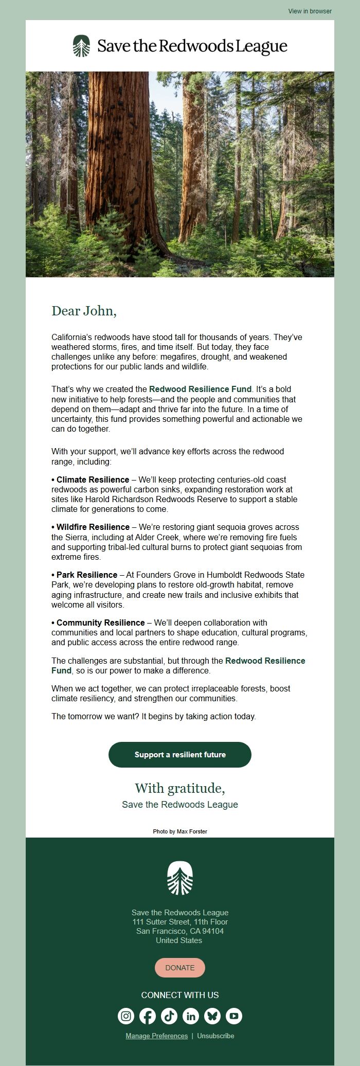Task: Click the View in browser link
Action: click(x=310, y=11)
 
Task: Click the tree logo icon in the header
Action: click(x=81, y=46)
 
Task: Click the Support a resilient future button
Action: click(x=180, y=754)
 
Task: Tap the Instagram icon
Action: click(x=126, y=1016)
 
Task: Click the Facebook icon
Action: click(x=148, y=1016)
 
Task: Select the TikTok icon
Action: click(x=169, y=1016)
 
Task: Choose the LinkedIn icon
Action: click(x=191, y=1016)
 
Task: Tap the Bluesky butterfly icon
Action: click(x=212, y=1016)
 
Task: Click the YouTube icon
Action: click(x=234, y=1016)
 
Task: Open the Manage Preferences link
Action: click(x=156, y=1036)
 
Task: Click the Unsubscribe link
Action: click(x=215, y=1036)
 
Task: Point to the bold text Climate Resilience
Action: click(x=93, y=479)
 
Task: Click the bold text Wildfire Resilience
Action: click(x=93, y=527)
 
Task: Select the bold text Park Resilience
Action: click(x=86, y=575)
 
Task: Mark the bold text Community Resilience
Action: click(x=100, y=623)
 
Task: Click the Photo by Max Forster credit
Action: click(x=180, y=831)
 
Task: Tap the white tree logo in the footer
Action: click(x=180, y=878)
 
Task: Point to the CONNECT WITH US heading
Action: click(x=180, y=995)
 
